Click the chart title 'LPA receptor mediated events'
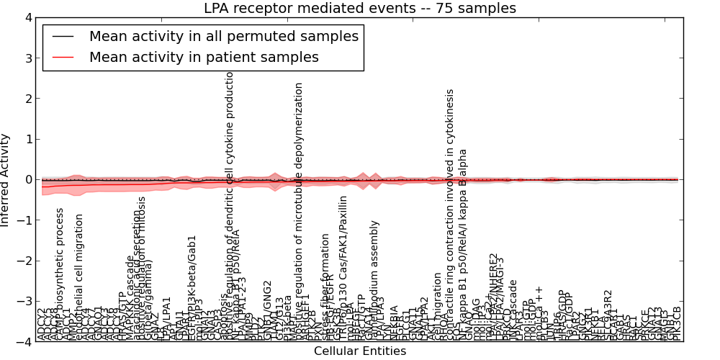tap(360, 9)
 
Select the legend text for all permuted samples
tap(223, 36)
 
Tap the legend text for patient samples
tap(204, 57)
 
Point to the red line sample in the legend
tap(62, 58)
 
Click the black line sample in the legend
tap(62, 37)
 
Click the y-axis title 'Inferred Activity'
tap(6, 179)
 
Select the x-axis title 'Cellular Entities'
tap(360, 351)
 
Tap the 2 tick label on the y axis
tap(28, 99)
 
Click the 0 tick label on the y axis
tap(28, 179)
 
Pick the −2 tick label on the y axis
tap(25, 261)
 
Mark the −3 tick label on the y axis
tap(25, 301)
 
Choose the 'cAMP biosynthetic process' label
tap(60, 274)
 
